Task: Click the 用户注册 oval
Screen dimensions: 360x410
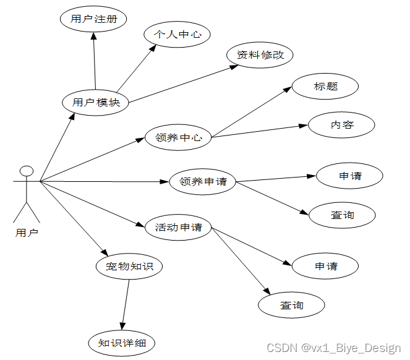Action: pyautogui.click(x=93, y=19)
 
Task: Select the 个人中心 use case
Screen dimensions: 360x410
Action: pyautogui.click(x=177, y=35)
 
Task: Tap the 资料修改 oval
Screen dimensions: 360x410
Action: pyautogui.click(x=260, y=55)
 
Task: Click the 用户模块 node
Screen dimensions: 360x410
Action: pyautogui.click(x=96, y=103)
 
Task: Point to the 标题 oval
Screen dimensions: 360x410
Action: pyautogui.click(x=325, y=87)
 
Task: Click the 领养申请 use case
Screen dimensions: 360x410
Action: pyautogui.click(x=203, y=182)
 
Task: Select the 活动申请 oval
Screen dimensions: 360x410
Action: pyautogui.click(x=178, y=228)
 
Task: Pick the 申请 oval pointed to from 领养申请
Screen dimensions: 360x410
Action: pyautogui.click(x=350, y=176)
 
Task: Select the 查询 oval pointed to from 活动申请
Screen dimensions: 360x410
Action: pyautogui.click(x=291, y=305)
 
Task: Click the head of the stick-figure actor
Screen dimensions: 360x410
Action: pyautogui.click(x=26, y=171)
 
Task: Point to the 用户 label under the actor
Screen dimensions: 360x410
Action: pyautogui.click(x=26, y=233)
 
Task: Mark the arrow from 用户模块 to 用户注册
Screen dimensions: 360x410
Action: pyautogui.click(x=95, y=62)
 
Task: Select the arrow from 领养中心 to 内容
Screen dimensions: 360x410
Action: pyautogui.click(x=260, y=131)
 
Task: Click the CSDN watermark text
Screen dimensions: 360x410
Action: pyautogui.click(x=333, y=348)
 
